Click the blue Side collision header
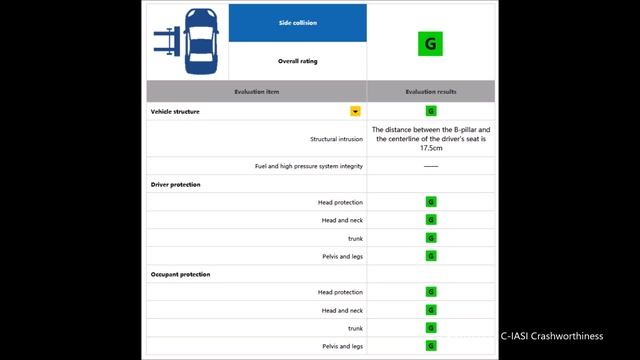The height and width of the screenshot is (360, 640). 297,22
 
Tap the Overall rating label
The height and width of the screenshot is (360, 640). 297,60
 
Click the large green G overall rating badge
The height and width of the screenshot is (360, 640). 431,43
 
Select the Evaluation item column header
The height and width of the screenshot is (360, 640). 257,91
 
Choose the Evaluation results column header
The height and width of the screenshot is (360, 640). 431,91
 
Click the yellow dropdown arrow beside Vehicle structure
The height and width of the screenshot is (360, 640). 354,111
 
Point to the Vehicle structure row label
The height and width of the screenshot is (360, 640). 175,111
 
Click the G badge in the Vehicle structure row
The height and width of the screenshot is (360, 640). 431,111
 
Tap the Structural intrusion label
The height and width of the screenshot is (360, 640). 336,139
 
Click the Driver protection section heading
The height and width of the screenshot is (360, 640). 175,184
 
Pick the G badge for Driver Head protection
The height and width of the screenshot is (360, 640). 431,202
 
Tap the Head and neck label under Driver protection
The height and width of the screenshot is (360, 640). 341,220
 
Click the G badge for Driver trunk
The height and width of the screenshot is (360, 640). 431,238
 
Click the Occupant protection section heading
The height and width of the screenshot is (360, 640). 180,274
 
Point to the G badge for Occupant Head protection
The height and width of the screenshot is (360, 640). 431,292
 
